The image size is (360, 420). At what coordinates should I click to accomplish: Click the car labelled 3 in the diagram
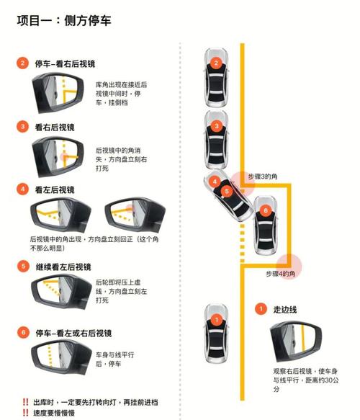click(215, 135)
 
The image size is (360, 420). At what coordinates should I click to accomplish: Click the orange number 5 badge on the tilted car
click(227, 192)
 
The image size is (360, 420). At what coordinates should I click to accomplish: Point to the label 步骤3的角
click(267, 176)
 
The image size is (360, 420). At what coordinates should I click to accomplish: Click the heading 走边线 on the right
click(284, 309)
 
